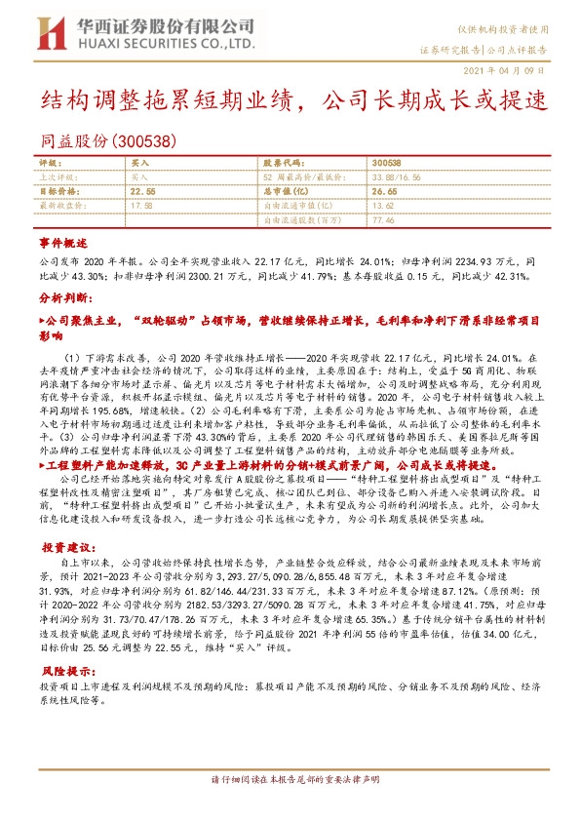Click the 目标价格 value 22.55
142,193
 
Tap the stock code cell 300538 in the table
386,164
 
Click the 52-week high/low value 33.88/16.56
394,178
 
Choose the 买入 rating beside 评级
139,164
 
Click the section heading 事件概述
63,241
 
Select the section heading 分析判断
63,300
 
